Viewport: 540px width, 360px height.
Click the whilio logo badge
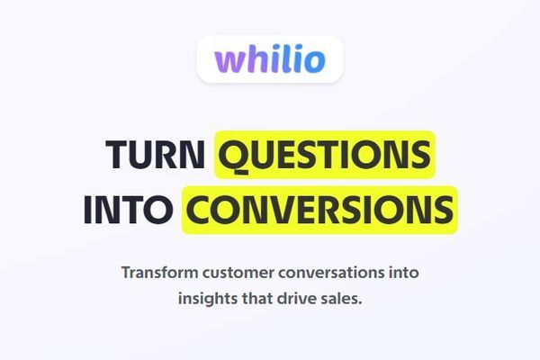[270, 58]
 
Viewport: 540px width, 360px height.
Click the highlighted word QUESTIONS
[324, 156]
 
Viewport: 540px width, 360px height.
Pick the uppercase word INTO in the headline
[127, 210]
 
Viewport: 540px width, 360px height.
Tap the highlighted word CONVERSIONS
[319, 210]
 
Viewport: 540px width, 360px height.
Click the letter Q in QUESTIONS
[232, 156]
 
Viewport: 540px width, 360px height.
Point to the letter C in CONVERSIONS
[198, 210]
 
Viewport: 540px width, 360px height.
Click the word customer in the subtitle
[240, 271]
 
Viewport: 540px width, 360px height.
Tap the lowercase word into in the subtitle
[402, 271]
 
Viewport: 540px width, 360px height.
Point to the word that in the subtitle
[262, 298]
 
